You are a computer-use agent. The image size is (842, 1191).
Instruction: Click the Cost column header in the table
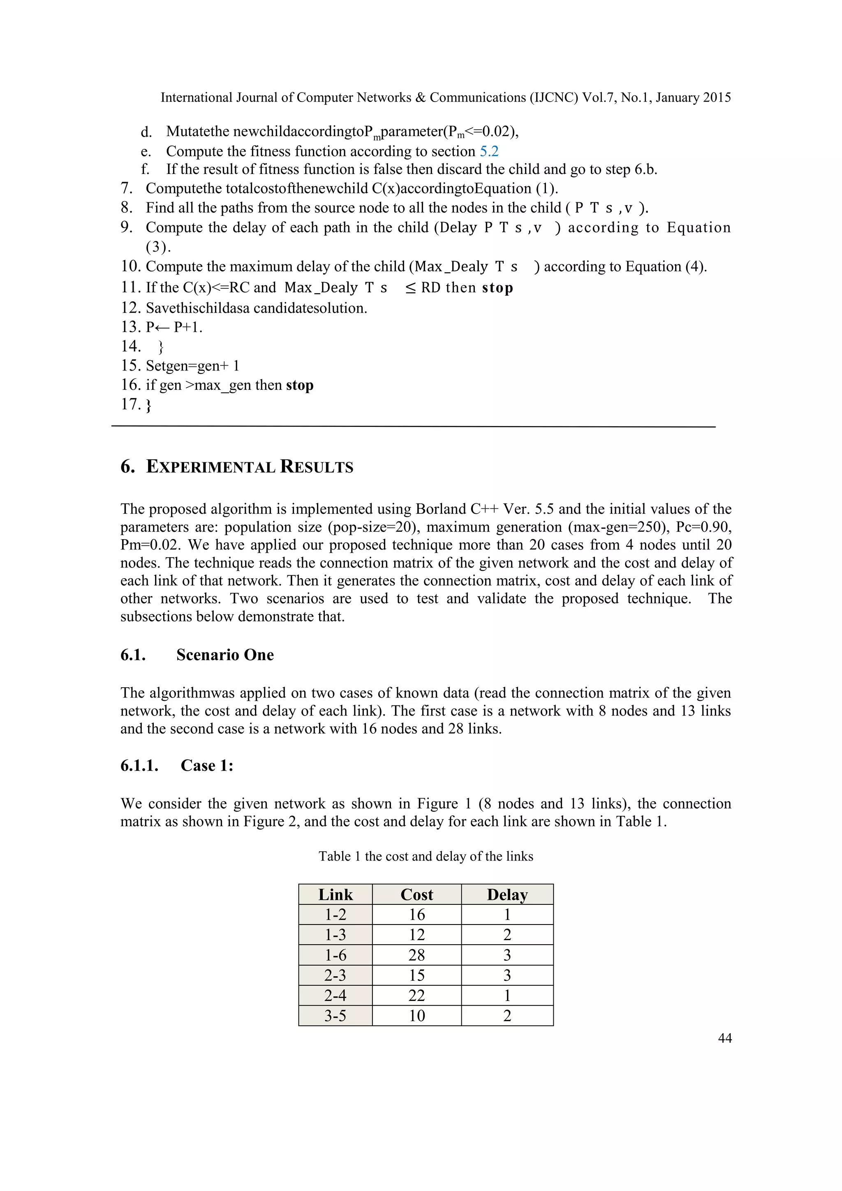(416, 894)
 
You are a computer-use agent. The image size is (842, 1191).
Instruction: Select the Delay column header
(507, 894)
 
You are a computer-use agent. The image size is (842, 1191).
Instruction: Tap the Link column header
(335, 894)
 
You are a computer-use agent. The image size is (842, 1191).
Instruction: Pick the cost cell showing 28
(416, 955)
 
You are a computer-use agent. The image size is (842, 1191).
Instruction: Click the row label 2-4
(335, 995)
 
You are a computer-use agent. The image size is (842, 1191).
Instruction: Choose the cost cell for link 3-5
(416, 1016)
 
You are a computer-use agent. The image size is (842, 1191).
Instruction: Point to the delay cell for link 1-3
(507, 935)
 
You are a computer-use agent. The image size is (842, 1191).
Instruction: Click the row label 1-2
(335, 915)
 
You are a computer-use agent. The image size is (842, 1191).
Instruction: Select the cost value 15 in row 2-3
(416, 975)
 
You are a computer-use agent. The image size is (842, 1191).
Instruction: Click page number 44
(724, 1038)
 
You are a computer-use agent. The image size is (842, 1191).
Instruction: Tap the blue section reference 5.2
(489, 151)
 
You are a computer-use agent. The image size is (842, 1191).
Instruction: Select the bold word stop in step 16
(300, 385)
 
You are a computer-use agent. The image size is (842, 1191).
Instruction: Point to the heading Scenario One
(224, 655)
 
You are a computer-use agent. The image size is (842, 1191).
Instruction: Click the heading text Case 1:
(207, 766)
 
